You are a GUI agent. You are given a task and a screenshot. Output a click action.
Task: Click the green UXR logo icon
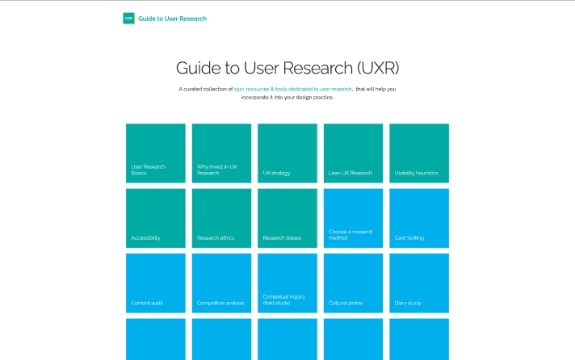pos(128,18)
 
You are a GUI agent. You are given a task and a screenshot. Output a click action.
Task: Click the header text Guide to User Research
pos(172,18)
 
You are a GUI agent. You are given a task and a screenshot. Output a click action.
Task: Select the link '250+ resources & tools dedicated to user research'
pos(293,89)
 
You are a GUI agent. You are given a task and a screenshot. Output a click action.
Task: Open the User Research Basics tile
pos(156,153)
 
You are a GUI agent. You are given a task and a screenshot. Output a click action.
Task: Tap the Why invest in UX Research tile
pos(221,153)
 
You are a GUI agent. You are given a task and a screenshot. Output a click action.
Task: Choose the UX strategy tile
pos(287,153)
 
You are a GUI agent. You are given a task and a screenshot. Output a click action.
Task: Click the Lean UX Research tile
pos(353,153)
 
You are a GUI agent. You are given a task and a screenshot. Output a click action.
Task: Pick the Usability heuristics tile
pos(419,153)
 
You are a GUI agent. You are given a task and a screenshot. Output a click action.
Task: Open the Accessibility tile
pos(156,218)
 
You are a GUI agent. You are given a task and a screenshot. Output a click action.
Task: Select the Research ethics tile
pos(221,218)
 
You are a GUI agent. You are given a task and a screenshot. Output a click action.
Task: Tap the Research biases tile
pos(287,218)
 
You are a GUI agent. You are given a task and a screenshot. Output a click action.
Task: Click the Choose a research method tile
pos(353,218)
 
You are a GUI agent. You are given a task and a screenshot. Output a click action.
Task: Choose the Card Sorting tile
pos(419,218)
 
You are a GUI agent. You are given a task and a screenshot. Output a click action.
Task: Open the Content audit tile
pos(156,283)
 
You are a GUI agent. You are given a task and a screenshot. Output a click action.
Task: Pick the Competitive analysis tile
pos(221,283)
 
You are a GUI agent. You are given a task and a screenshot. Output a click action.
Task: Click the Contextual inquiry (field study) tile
pos(287,283)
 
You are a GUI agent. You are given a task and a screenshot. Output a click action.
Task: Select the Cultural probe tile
pos(353,283)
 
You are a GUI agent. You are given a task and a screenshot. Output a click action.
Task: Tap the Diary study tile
pos(419,283)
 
